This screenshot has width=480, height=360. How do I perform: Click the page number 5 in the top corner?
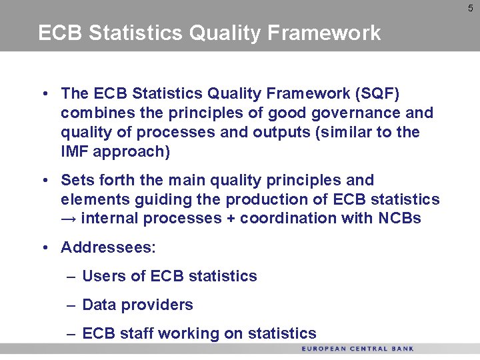click(x=470, y=8)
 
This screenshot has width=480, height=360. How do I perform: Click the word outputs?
click(x=280, y=132)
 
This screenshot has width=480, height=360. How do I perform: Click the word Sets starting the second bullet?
click(x=75, y=180)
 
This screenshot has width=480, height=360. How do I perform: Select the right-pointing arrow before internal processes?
click(x=69, y=219)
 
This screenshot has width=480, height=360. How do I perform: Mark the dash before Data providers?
click(x=71, y=305)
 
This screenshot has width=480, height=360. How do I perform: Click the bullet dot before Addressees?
click(x=44, y=248)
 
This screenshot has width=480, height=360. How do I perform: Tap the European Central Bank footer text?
click(x=357, y=349)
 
